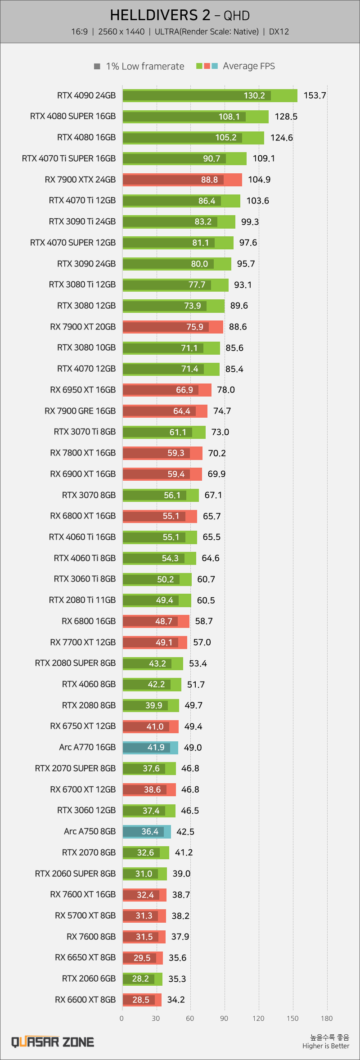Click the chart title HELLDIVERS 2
160,15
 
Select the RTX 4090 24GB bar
210,95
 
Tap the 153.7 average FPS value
315,95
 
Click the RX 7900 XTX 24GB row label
80,180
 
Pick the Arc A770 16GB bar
150,748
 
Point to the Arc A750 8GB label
90,831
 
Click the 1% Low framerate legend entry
139,66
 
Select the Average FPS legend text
249,66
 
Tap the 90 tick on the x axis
224,1019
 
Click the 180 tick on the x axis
327,1019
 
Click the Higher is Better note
326,1046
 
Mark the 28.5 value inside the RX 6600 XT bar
141,1000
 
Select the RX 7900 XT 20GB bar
173,327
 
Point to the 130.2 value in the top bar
254,95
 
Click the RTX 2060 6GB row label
89,979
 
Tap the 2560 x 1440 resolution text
121,32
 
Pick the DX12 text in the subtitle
279,32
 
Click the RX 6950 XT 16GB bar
167,390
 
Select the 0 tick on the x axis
121,1019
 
